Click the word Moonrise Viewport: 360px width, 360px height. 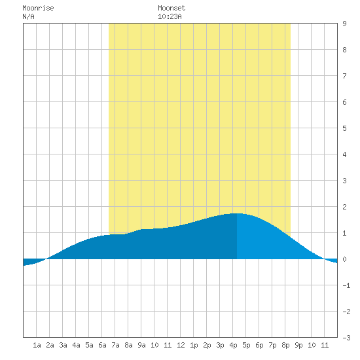coord(38,8)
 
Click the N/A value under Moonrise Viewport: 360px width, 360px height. coord(28,16)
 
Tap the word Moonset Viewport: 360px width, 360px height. coord(171,8)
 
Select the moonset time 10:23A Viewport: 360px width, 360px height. coord(170,16)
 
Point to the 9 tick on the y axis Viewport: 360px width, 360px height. coord(344,24)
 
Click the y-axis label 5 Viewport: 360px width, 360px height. coord(344,128)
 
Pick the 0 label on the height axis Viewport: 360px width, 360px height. coord(344,259)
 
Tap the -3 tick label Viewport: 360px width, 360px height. coord(347,338)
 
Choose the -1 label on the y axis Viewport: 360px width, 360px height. coord(347,285)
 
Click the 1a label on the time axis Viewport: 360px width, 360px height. coord(37,345)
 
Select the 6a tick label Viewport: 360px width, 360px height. coord(102,345)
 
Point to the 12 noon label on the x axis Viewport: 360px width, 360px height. coord(181,345)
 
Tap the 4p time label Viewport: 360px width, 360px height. coord(233,345)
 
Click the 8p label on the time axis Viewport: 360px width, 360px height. coord(285,345)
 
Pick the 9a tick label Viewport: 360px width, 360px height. coord(141,345)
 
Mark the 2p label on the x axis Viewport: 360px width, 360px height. coord(207,345)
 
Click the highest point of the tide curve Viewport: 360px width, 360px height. coord(237,213)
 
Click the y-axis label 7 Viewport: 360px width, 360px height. coord(344,76)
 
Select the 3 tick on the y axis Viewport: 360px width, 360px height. coord(344,181)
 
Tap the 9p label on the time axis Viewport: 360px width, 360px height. coord(298,345)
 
